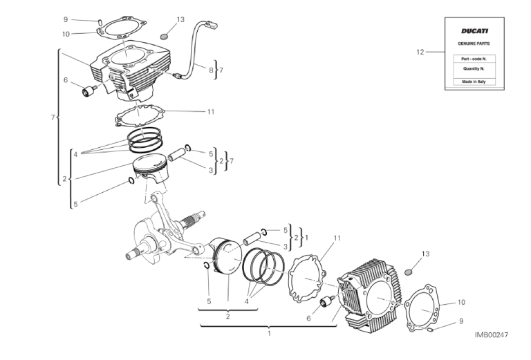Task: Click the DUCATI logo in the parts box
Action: coord(474,31)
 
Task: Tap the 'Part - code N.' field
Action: coord(474,59)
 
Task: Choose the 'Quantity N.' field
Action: coord(474,69)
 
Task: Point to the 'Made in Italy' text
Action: coord(474,82)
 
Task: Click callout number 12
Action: coord(419,52)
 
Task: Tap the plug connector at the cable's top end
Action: coord(212,26)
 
